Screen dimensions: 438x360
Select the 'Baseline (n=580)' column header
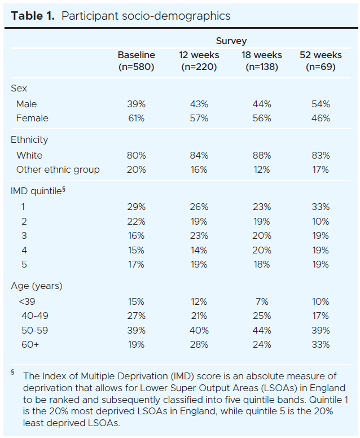coord(136,61)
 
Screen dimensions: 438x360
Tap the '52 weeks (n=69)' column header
coord(321,61)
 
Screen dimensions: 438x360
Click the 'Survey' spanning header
coord(231,41)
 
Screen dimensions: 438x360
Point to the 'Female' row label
coord(32,118)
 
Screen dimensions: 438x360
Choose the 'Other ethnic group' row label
coord(58,169)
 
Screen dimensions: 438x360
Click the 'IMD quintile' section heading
coord(36,191)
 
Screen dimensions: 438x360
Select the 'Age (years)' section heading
coord(37,286)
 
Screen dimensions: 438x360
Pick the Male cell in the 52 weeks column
coord(321,104)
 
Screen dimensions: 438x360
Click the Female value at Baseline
coord(136,118)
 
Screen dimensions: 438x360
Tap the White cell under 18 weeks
coord(262,155)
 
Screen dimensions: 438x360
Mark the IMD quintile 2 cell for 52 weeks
coord(321,221)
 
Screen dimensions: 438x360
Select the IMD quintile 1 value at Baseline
coord(136,207)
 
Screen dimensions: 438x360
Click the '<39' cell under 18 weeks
coord(262,301)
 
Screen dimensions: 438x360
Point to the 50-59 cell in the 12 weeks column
coord(199,330)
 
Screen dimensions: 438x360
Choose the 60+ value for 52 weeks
coord(321,344)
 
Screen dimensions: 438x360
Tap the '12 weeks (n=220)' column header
coord(199,61)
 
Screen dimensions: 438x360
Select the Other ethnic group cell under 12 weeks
coord(199,169)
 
